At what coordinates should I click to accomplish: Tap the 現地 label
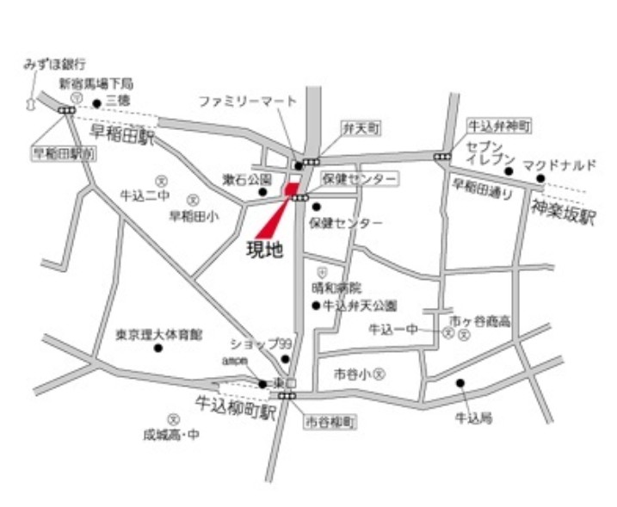click(x=266, y=250)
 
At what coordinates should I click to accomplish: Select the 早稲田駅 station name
click(x=122, y=134)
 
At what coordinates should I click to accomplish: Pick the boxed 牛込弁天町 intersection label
click(x=499, y=127)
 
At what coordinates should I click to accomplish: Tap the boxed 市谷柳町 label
click(x=330, y=423)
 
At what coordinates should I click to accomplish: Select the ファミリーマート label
click(x=248, y=102)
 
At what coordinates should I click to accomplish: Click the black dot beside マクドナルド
click(x=540, y=179)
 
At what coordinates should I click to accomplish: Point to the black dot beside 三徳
click(x=97, y=103)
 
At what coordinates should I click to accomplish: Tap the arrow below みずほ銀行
click(x=32, y=102)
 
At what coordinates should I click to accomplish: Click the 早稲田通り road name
click(x=483, y=189)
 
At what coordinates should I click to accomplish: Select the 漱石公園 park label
click(x=247, y=180)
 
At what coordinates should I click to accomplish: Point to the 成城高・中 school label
click(x=172, y=435)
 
